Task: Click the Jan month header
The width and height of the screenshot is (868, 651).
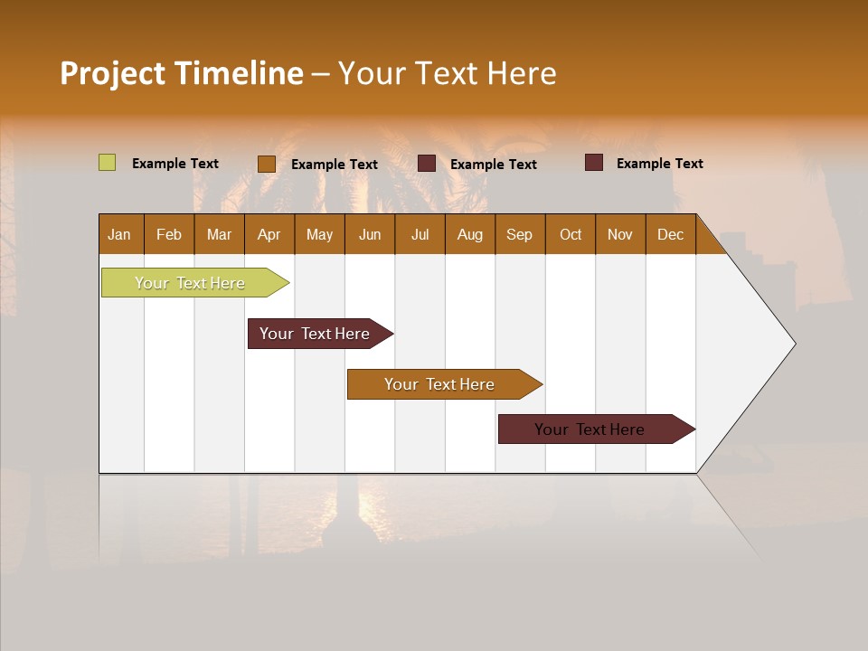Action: click(x=120, y=234)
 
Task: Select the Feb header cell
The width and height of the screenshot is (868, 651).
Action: click(x=169, y=234)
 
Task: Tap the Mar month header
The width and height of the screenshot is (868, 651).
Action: click(x=219, y=234)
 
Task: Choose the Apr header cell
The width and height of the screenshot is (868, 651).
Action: click(x=269, y=234)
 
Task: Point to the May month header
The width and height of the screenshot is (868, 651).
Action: click(x=319, y=234)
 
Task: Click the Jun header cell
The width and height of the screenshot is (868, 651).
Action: click(x=370, y=234)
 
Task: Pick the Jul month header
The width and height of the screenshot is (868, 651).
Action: click(x=420, y=234)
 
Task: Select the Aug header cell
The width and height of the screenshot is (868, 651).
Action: click(x=470, y=234)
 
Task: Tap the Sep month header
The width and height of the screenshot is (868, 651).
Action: click(x=520, y=234)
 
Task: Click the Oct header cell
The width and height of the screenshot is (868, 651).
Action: click(x=571, y=234)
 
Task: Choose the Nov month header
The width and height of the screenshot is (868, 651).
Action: click(x=620, y=234)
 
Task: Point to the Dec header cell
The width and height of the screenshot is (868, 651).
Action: click(x=671, y=234)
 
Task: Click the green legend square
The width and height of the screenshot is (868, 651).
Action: click(x=108, y=163)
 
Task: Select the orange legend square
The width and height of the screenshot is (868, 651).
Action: click(x=267, y=164)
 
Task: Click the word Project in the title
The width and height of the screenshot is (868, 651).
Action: click(x=114, y=73)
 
